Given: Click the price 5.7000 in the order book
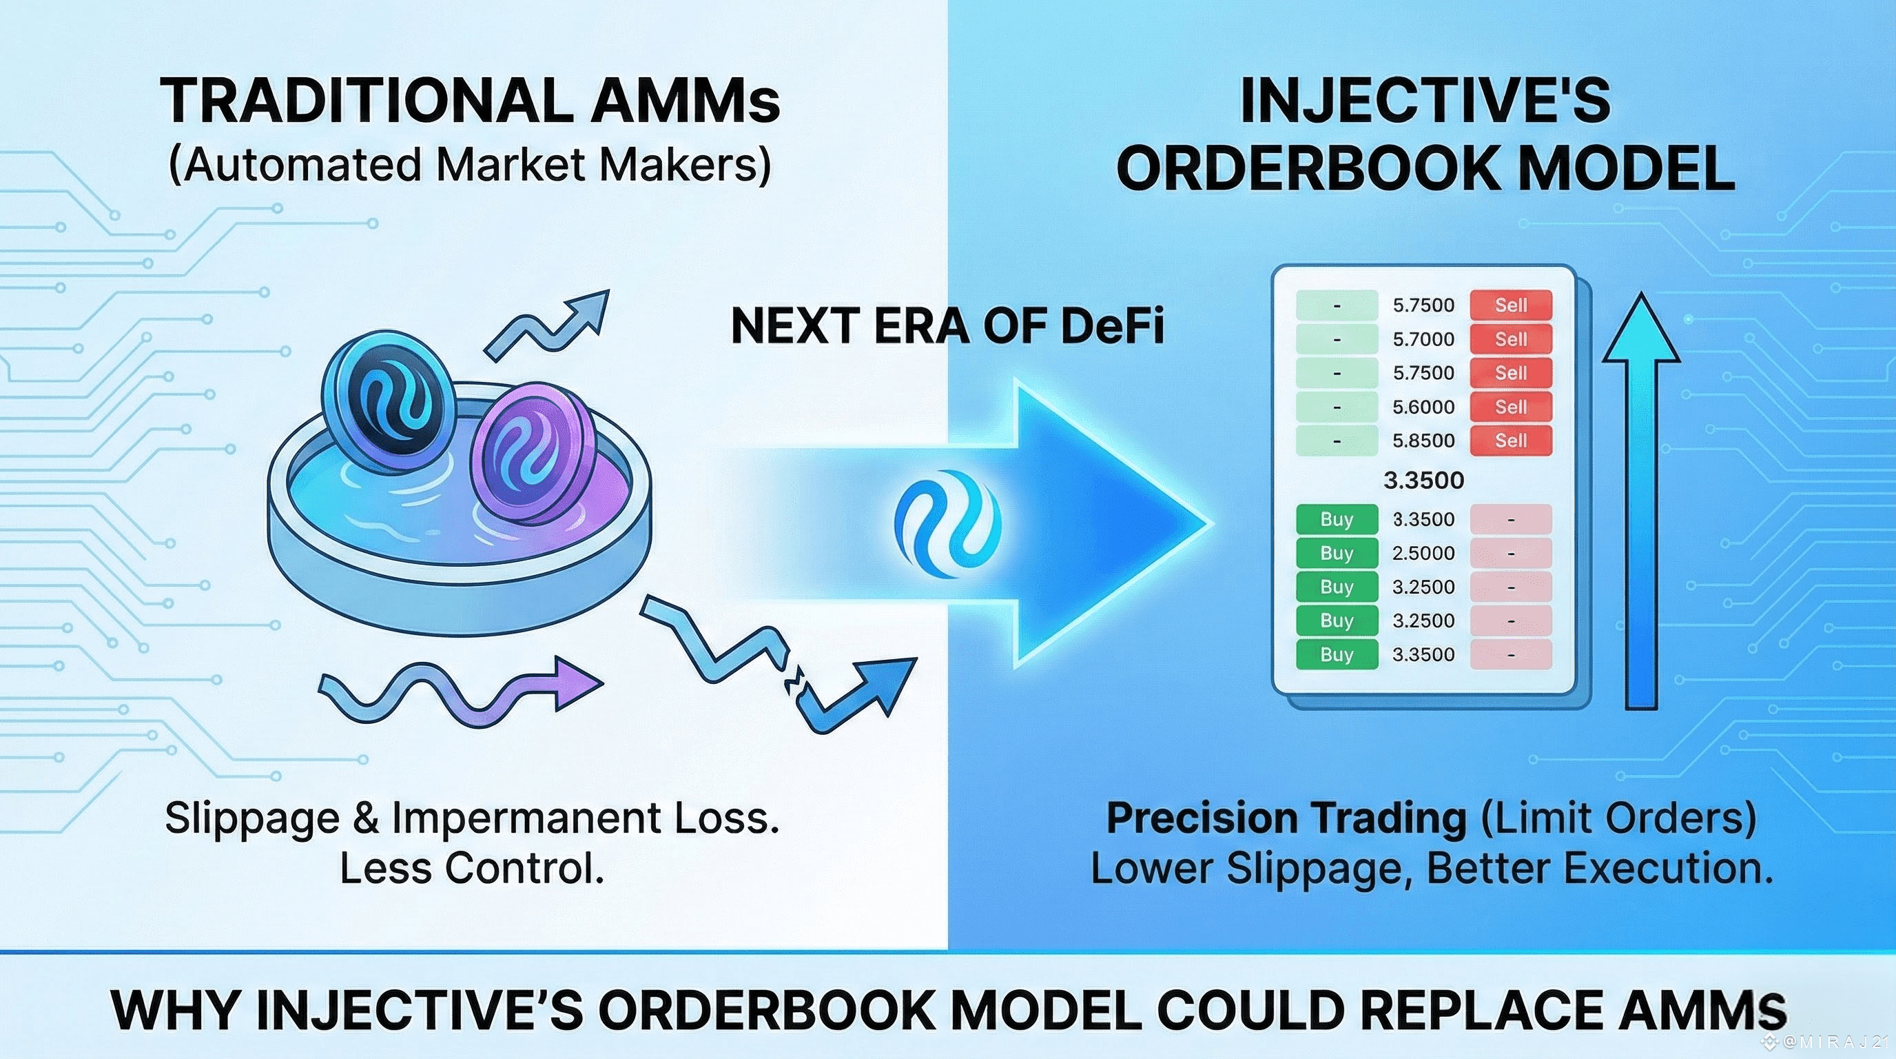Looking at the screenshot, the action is point(1423,339).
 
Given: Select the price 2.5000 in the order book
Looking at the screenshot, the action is point(1423,553).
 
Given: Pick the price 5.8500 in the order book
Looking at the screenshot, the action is point(1423,441).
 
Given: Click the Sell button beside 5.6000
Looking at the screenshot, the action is point(1511,407).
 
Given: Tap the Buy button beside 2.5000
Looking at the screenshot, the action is point(1337,553).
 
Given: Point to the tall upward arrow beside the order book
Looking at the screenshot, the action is point(1641,501).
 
